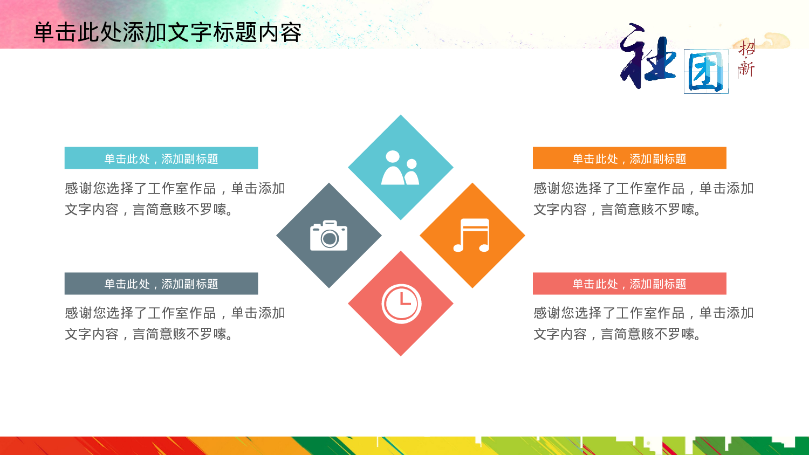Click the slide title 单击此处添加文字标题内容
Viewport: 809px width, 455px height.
point(167,32)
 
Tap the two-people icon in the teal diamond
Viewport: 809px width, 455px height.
point(400,168)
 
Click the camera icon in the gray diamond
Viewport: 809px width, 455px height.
point(329,236)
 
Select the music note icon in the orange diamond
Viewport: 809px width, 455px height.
point(472,236)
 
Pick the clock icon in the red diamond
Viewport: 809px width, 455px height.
point(401,304)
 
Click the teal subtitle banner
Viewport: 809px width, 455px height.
point(161,158)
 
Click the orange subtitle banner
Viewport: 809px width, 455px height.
point(629,158)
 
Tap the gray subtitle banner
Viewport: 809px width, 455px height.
point(161,284)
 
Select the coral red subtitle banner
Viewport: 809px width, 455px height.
point(629,284)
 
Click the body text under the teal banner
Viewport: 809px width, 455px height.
point(175,199)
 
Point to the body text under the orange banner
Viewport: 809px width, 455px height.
point(643,199)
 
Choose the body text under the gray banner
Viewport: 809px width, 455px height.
point(175,323)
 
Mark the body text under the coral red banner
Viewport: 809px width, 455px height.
point(643,323)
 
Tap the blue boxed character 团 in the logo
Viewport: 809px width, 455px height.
point(706,72)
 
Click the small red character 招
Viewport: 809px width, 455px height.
point(747,49)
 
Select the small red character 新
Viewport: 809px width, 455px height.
point(746,68)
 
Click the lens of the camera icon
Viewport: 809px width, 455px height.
point(330,238)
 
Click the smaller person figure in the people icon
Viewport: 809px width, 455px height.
point(412,173)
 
